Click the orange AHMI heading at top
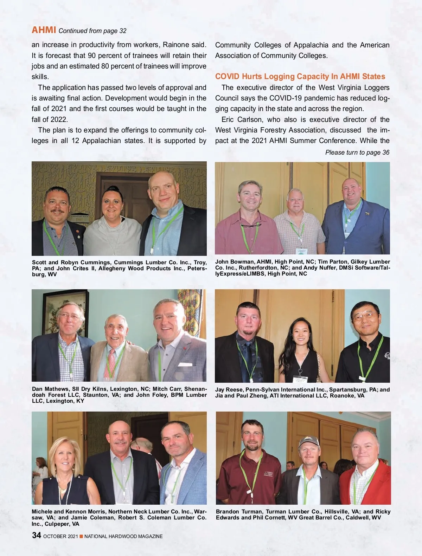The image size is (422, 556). pyautogui.click(x=44, y=30)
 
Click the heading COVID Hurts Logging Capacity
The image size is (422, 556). pyautogui.click(x=300, y=77)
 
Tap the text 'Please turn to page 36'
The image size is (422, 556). pyautogui.click(x=357, y=153)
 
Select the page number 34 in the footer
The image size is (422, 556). pyautogui.click(x=37, y=535)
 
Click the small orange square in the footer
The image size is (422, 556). pyautogui.click(x=81, y=536)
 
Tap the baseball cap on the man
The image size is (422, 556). pyautogui.click(x=309, y=441)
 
